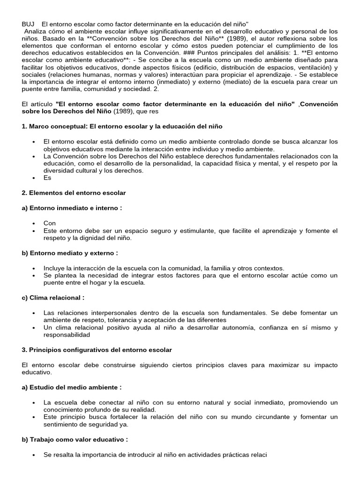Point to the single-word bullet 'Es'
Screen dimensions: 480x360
[x=47, y=178]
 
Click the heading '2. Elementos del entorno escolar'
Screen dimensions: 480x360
[x=74, y=193]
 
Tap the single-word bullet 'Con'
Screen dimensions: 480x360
[x=50, y=223]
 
